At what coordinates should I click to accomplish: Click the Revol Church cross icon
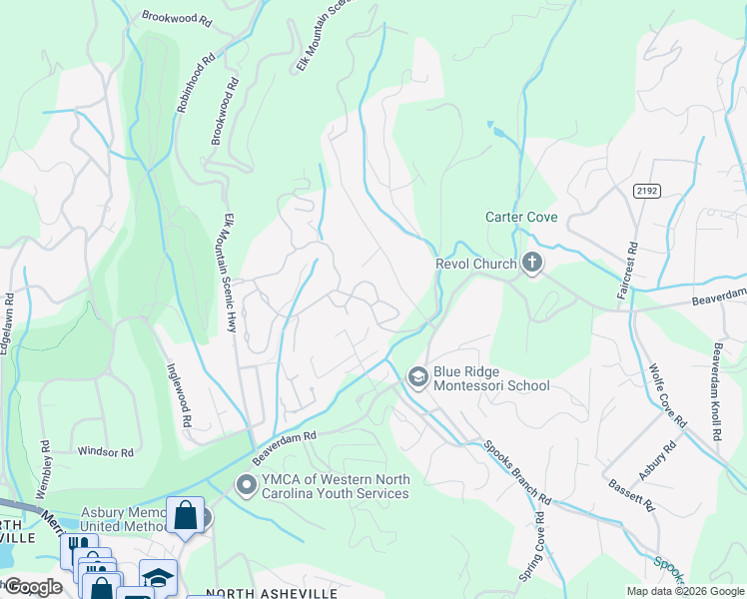532,264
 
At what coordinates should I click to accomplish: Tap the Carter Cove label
521,217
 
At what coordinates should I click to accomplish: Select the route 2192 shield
645,189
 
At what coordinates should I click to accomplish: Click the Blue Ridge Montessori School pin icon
416,376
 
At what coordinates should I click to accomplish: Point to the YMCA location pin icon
246,485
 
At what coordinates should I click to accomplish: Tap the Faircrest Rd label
632,264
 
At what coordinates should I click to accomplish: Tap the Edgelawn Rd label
8,317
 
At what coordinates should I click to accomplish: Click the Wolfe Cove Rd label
668,395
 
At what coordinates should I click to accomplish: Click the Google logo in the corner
33,587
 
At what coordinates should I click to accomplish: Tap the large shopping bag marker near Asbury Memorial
185,515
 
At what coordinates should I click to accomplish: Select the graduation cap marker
158,578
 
